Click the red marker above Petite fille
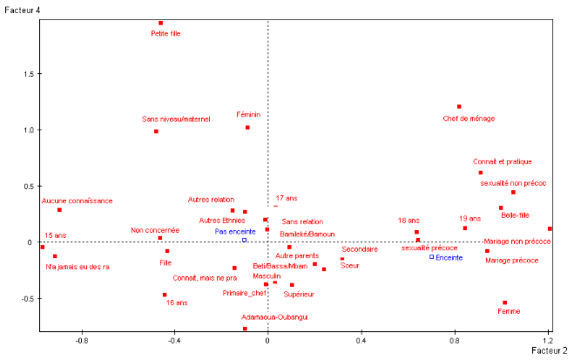(161, 23)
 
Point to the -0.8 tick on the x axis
(83, 343)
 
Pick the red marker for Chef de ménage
(459, 106)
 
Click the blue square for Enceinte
(432, 256)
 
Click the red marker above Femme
(505, 302)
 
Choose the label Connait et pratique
(503, 161)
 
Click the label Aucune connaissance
(77, 200)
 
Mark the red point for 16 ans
(164, 295)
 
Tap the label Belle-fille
(516, 215)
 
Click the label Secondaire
(360, 249)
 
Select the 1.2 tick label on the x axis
(549, 343)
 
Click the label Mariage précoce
(512, 260)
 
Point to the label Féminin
(248, 114)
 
